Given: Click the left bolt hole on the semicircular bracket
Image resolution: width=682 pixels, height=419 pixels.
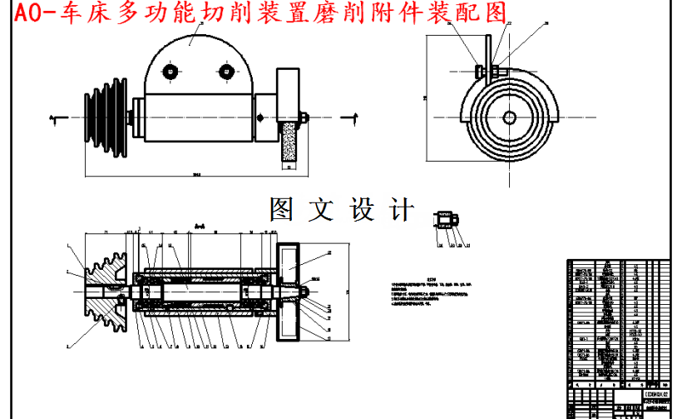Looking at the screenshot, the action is [x=170, y=72].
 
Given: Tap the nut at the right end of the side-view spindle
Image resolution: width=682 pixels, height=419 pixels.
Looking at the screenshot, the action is [x=304, y=117].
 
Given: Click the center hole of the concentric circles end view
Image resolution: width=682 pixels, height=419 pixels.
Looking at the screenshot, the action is [x=507, y=116].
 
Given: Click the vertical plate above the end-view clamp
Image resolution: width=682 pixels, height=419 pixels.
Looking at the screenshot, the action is [x=491, y=46].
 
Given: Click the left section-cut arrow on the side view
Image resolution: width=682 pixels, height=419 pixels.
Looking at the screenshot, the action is [x=54, y=117].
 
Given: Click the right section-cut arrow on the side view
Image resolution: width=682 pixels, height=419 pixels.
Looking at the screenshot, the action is [x=356, y=116].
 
